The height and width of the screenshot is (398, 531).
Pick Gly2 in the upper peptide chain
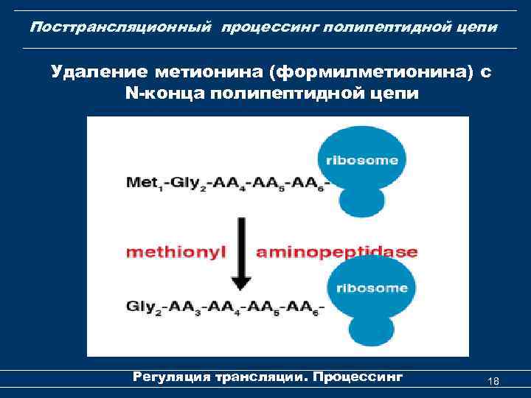coord(186,181)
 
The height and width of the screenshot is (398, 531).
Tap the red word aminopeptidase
coord(336,252)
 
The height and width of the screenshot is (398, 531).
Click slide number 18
coord(493,381)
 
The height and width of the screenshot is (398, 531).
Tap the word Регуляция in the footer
coord(170,377)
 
